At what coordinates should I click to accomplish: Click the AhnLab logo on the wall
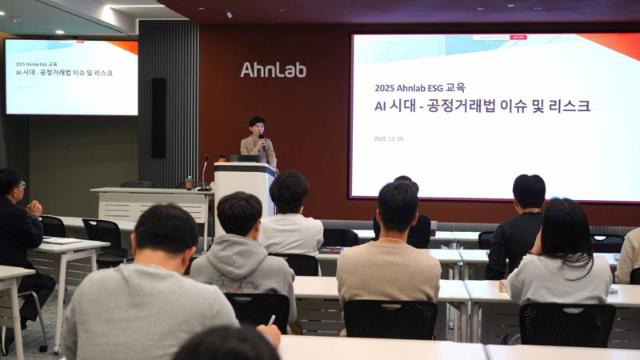tap(273, 70)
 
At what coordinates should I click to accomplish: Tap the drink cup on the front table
tap(188, 183)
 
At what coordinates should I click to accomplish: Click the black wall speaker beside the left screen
tap(158, 104)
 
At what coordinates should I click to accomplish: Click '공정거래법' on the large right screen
tap(474, 105)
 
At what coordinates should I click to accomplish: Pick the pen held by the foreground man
tap(271, 320)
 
